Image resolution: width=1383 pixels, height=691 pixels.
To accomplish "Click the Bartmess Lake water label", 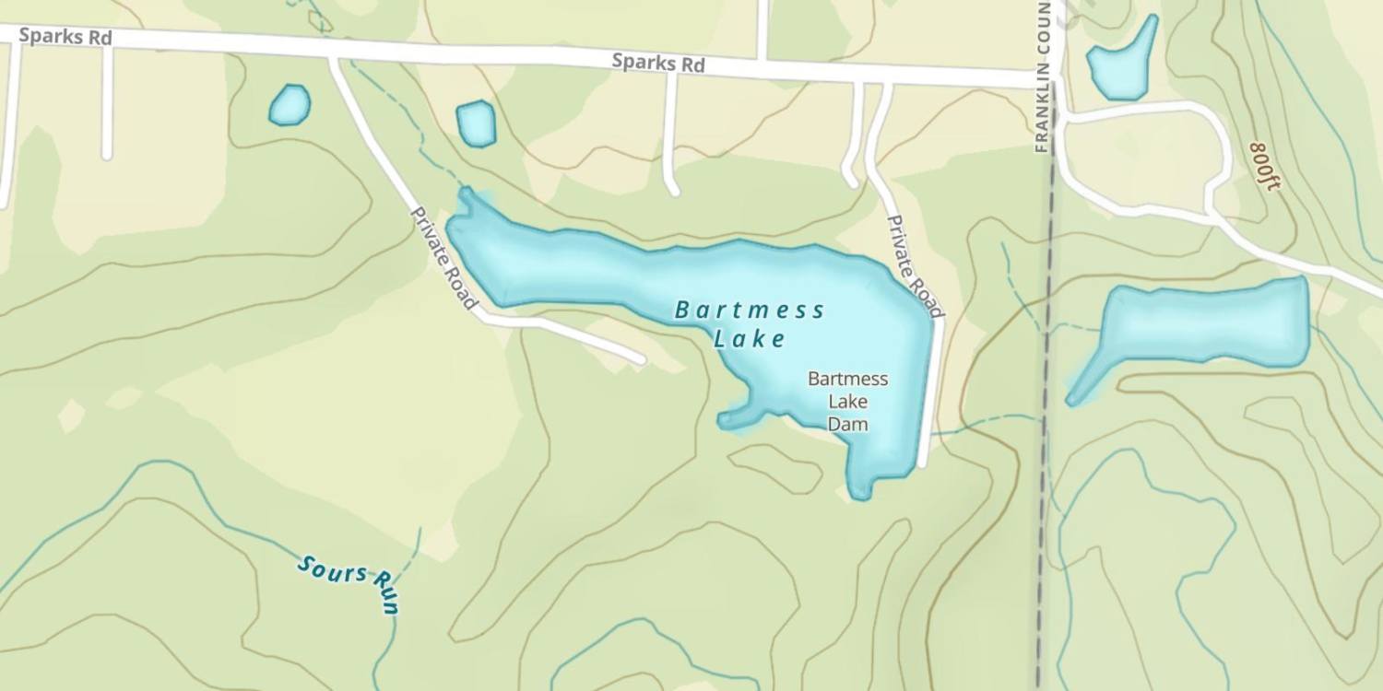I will pyautogui.click(x=751, y=323).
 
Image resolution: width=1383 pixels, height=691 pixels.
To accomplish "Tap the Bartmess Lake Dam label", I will pyautogui.click(x=847, y=401).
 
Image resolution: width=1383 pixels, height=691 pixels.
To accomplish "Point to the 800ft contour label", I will pyautogui.click(x=1266, y=166).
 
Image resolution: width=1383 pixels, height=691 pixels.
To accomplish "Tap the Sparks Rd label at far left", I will pyautogui.click(x=65, y=37).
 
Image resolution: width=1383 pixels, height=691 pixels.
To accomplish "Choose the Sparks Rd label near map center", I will pyautogui.click(x=658, y=64).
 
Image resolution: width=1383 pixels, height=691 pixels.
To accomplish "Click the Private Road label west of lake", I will pyautogui.click(x=444, y=258).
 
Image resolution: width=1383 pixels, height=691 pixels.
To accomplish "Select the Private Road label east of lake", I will pyautogui.click(x=915, y=266).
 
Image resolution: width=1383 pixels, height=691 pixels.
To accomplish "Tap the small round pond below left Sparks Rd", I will pyautogui.click(x=290, y=104).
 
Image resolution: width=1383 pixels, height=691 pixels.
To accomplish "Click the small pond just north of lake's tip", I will pyautogui.click(x=476, y=123).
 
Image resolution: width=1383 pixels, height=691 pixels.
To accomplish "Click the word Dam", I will pyautogui.click(x=847, y=424).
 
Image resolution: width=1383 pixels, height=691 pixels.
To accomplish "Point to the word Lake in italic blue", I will pyautogui.click(x=751, y=339).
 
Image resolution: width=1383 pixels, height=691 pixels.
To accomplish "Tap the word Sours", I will pyautogui.click(x=332, y=570).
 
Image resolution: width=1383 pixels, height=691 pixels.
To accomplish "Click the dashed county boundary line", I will pyautogui.click(x=1044, y=415).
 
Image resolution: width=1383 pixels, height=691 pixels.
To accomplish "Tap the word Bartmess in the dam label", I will pyautogui.click(x=847, y=379).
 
